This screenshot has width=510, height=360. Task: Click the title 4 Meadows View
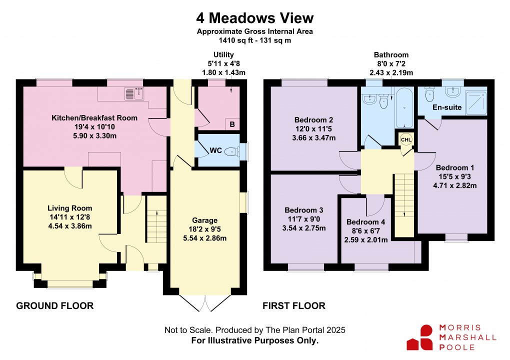(254, 18)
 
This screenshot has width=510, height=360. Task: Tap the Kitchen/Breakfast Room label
(94, 118)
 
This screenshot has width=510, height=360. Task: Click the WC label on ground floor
(215, 150)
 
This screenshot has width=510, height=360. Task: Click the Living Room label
(70, 208)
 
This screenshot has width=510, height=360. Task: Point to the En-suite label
(446, 107)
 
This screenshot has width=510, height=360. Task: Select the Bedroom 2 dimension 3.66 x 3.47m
(314, 138)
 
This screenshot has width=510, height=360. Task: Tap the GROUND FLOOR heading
(55, 306)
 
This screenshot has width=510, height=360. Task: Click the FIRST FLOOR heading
(294, 306)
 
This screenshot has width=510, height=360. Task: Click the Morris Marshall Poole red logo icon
(420, 337)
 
